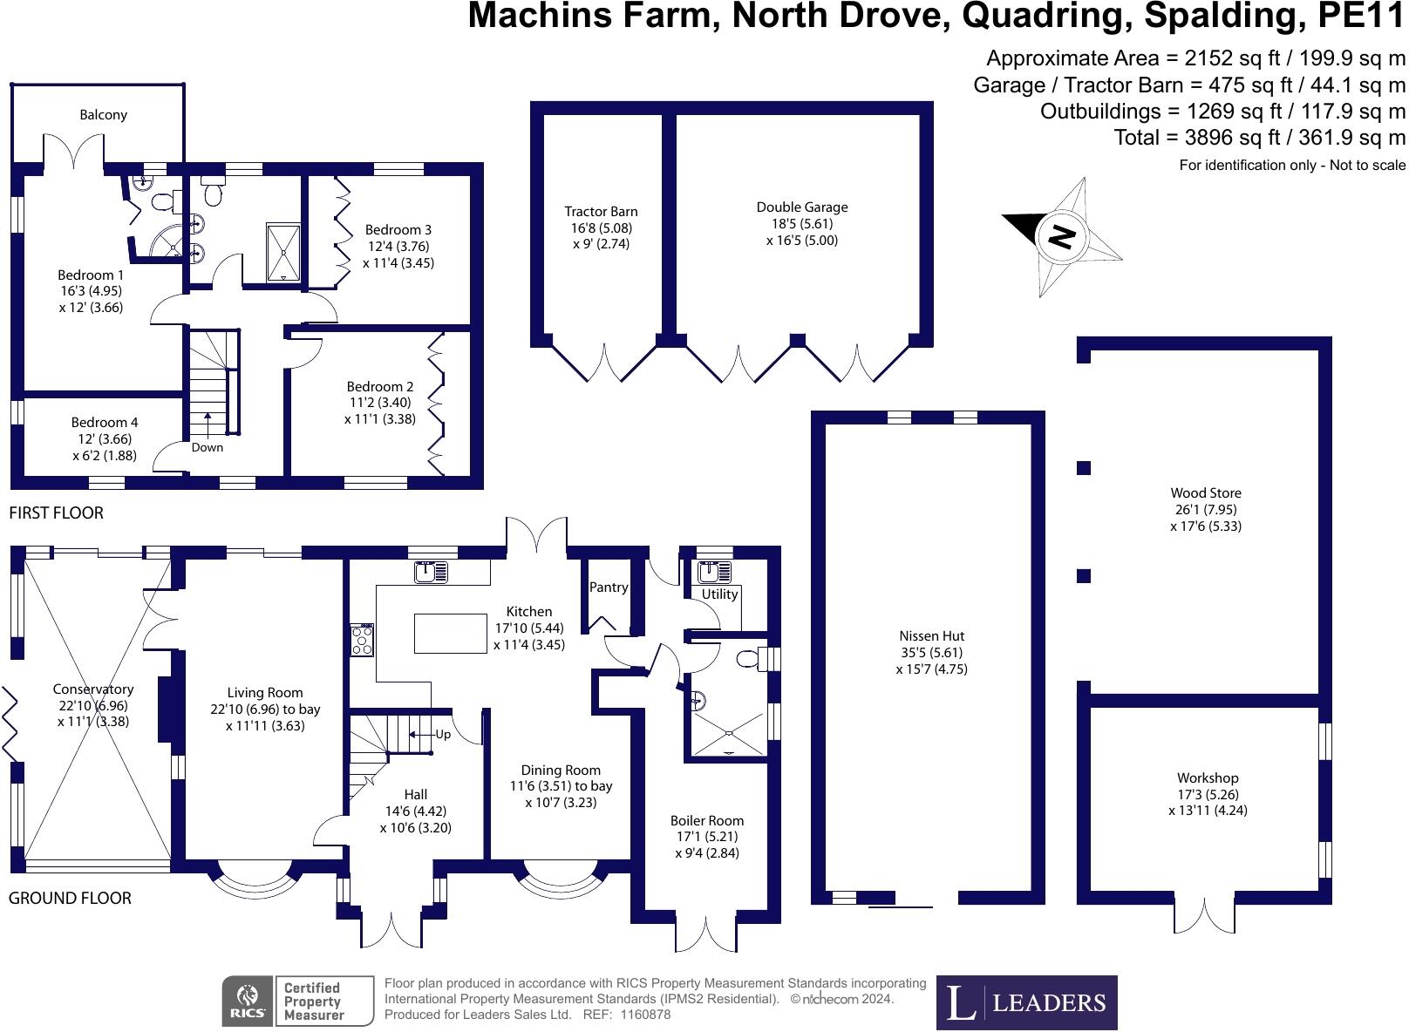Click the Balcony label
pos(103,114)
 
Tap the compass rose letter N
pos(1061,236)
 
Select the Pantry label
pos(609,587)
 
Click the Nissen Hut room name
pos(931,635)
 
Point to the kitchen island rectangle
pos(450,634)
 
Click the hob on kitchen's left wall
pos(362,640)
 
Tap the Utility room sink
pos(713,573)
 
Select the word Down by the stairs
pos(207,447)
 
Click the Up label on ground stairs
pos(443,734)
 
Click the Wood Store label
pos(1206,492)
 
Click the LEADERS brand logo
pos(1026,1002)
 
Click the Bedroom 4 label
pos(105,422)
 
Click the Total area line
pos(1259,137)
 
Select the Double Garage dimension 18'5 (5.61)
pos(801,223)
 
